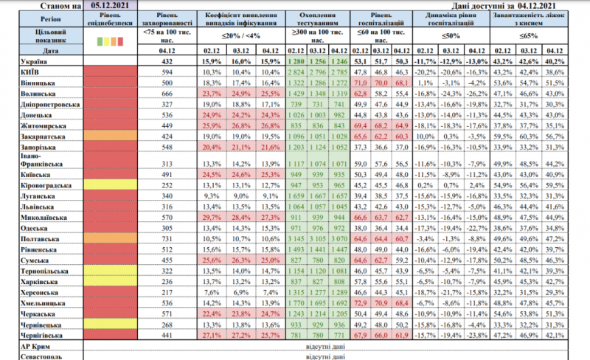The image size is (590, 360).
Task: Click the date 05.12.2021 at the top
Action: [x=108, y=5]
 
